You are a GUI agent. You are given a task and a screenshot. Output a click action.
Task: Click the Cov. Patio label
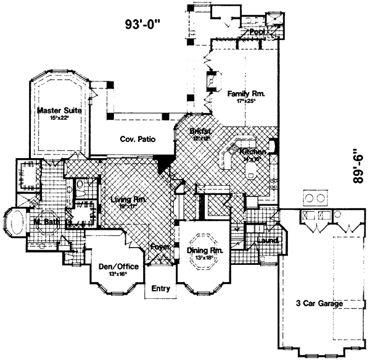138,140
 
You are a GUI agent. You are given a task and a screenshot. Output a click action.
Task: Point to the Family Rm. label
245,94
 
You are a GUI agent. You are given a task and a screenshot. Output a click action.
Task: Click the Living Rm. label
128,199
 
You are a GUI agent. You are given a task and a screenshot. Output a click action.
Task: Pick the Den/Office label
112,267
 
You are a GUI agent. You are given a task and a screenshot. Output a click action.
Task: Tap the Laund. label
268,240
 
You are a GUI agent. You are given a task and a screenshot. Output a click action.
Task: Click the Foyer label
162,247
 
